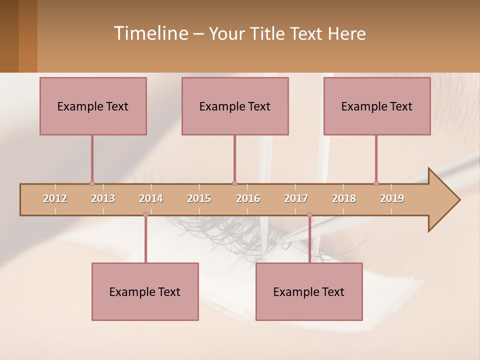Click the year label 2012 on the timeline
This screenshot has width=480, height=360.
click(x=55, y=198)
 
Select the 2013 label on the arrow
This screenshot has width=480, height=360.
click(x=103, y=198)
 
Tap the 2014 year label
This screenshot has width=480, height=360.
click(x=151, y=198)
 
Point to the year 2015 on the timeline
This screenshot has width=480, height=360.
click(x=199, y=198)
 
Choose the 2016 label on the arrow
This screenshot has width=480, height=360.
click(x=248, y=198)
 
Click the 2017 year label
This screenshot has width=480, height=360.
click(x=296, y=198)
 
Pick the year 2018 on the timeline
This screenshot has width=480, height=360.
click(x=344, y=198)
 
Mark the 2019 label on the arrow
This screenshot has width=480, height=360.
click(x=392, y=198)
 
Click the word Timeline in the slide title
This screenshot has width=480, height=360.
click(x=150, y=33)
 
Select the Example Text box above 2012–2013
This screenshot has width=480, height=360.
click(x=93, y=106)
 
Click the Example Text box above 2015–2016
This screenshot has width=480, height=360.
click(x=235, y=106)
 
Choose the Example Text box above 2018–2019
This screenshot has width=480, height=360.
click(x=377, y=106)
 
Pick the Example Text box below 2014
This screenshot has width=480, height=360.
click(x=145, y=291)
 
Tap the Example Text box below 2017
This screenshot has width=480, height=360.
click(x=309, y=291)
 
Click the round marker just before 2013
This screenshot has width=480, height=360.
click(x=92, y=183)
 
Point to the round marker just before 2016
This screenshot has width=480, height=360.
click(x=234, y=183)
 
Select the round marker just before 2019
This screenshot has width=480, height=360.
click(x=376, y=183)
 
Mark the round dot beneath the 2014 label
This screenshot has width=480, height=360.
click(x=145, y=214)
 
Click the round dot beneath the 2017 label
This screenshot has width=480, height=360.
click(x=309, y=214)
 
